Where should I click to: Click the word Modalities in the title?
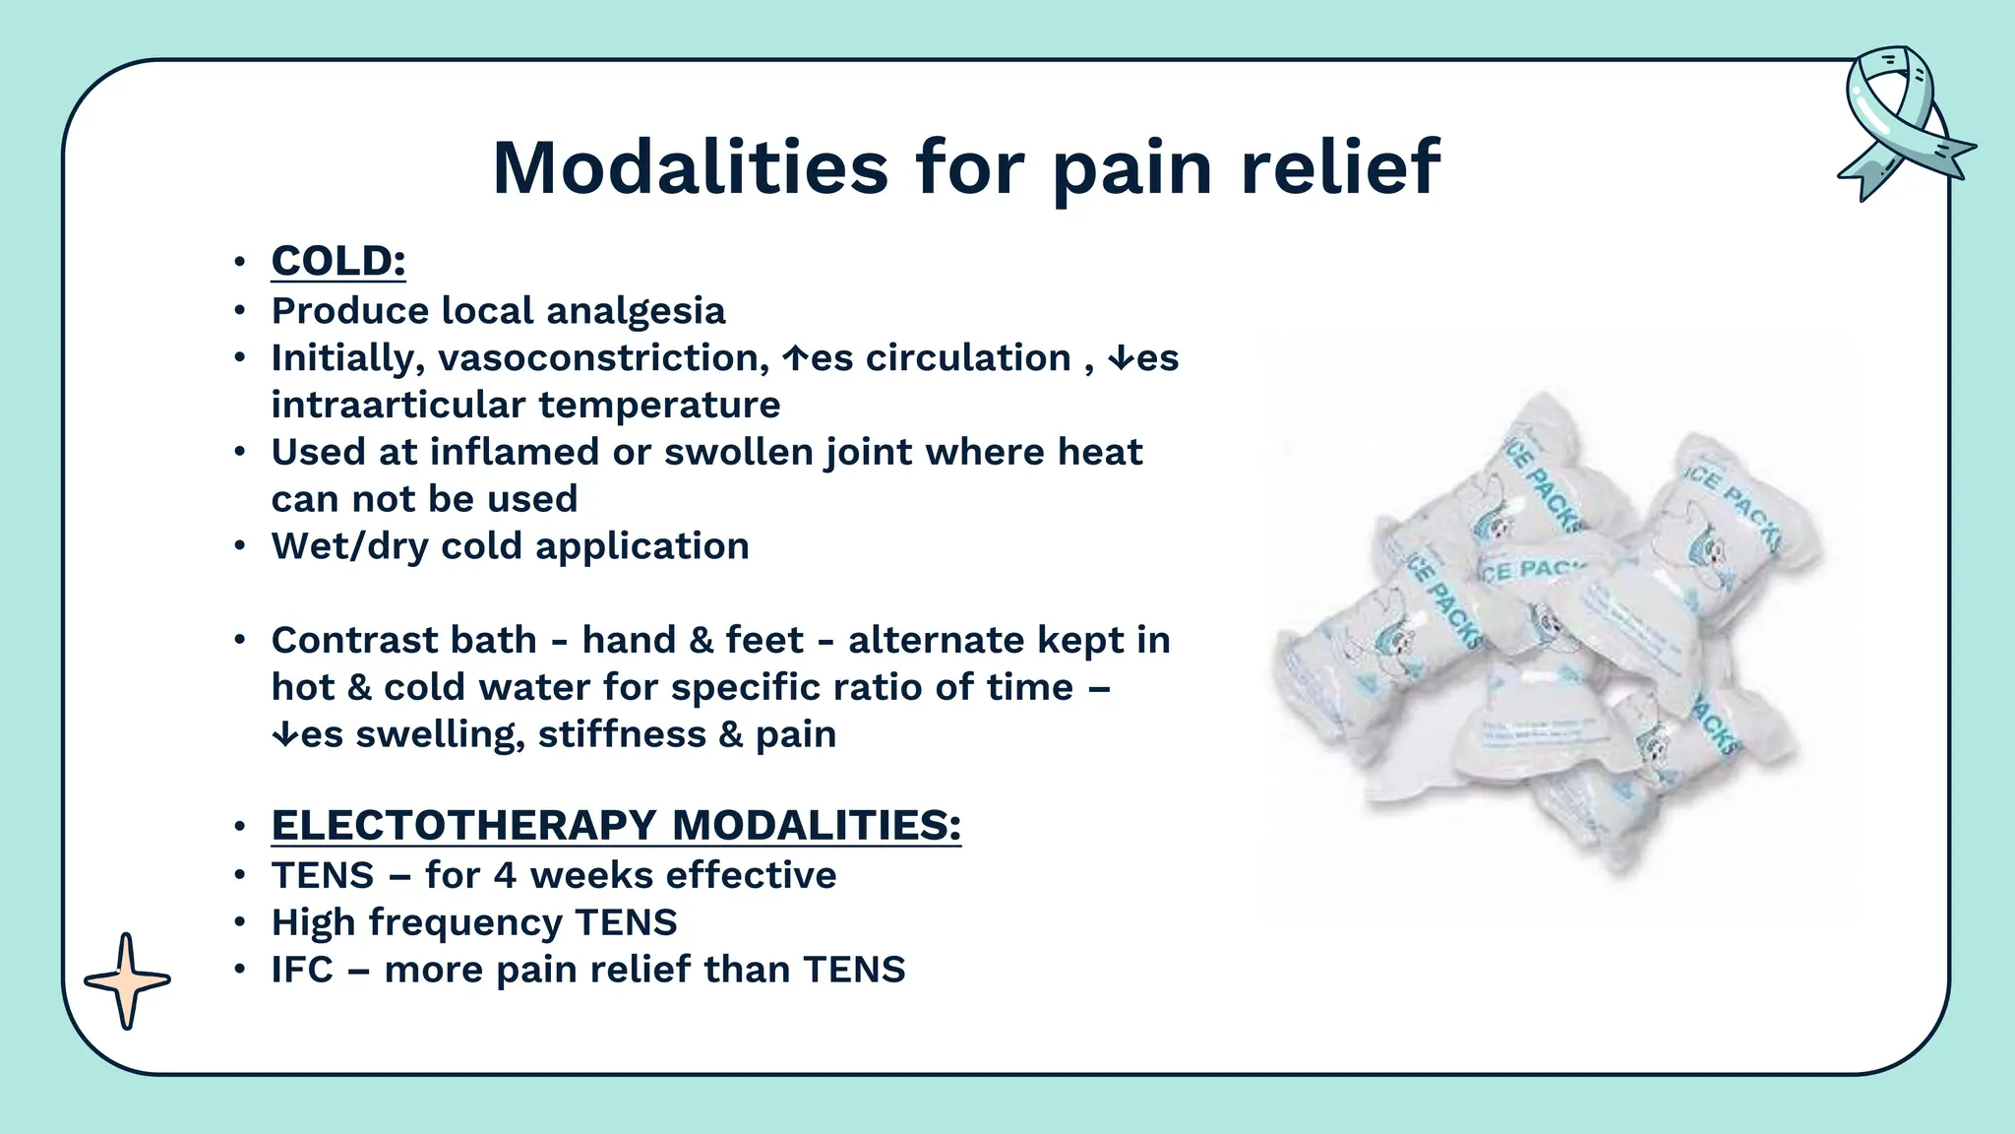(691, 167)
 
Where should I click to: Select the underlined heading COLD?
(338, 262)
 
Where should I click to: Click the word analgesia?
(636, 311)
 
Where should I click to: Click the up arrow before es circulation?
(795, 358)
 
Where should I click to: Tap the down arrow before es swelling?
(284, 734)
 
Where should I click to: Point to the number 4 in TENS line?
(505, 876)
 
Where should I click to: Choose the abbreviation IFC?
(302, 971)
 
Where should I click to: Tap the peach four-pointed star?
(127, 980)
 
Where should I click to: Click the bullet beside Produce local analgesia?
(239, 311)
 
